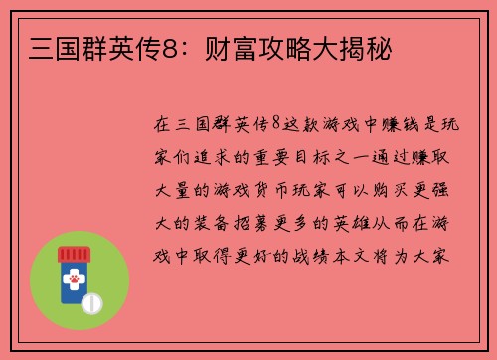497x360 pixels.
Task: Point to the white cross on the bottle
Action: pos(74,282)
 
